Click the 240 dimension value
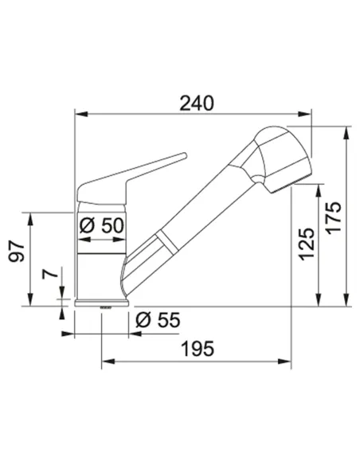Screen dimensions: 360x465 (197, 103)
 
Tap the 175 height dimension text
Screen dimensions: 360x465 (335, 217)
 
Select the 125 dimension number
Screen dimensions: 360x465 (307, 244)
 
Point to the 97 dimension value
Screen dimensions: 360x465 (16, 252)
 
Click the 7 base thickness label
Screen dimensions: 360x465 (50, 274)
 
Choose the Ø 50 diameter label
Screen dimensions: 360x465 (101, 225)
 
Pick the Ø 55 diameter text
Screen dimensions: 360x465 (158, 320)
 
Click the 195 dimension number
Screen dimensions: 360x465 (198, 349)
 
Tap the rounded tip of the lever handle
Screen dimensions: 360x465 (184, 155)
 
